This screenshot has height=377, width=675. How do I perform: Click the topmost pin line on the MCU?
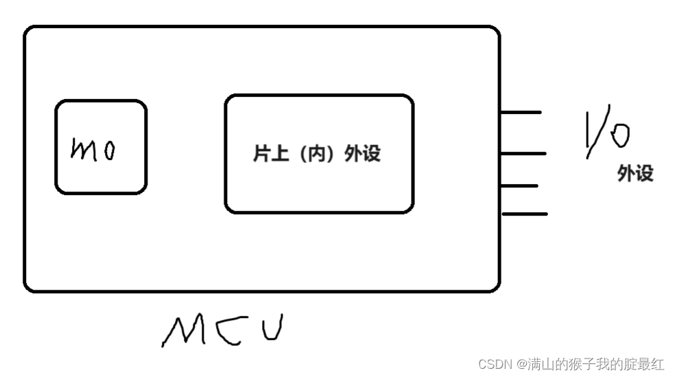(x=521, y=112)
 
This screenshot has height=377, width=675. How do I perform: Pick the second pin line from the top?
(x=524, y=153)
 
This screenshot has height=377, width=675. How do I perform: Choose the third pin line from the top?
(x=520, y=185)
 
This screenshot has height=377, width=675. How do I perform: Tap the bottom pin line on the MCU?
(x=525, y=214)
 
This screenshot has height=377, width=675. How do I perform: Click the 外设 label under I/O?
(x=635, y=174)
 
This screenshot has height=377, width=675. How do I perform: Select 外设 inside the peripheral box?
(x=363, y=154)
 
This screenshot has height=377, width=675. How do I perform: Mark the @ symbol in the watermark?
(x=521, y=364)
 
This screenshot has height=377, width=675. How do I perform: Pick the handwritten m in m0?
(x=85, y=150)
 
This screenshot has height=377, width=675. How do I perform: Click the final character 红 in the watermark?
(x=657, y=364)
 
